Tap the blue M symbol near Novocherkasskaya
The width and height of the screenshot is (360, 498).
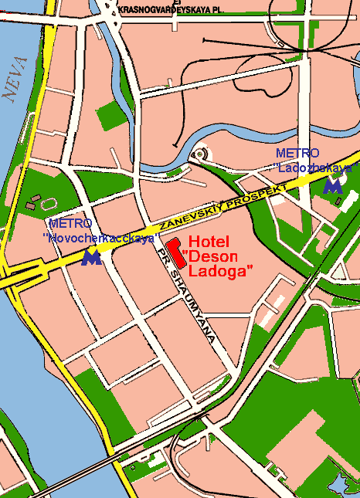(91, 256)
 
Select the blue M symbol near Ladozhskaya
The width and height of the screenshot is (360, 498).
(333, 185)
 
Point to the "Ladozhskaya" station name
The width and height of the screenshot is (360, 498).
(316, 167)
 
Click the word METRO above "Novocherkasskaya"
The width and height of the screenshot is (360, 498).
(70, 225)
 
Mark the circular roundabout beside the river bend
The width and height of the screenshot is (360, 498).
(199, 154)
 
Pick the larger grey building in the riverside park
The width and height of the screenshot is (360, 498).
(34, 199)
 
